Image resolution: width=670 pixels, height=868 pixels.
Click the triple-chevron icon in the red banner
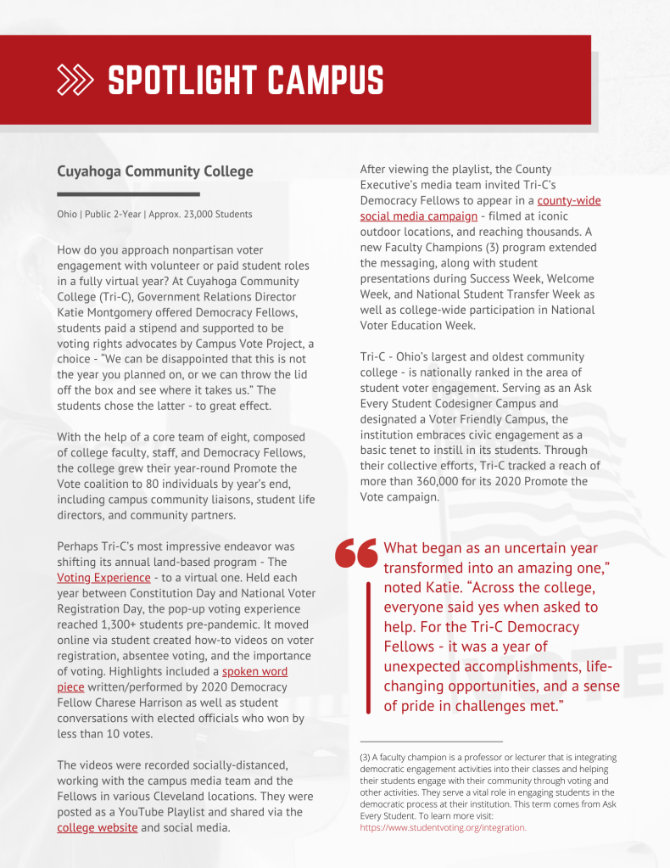pyautogui.click(x=77, y=81)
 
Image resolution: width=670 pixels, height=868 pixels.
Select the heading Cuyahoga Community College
pyautogui.click(x=155, y=171)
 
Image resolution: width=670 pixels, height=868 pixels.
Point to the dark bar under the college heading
pyautogui.click(x=116, y=194)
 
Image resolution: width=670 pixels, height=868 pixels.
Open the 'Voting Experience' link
pyautogui.click(x=103, y=578)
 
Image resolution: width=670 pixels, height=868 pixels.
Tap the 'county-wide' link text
pyautogui.click(x=568, y=201)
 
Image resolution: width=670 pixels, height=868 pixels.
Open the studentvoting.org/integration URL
pyautogui.click(x=443, y=827)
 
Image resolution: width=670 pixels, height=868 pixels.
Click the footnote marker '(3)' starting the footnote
pyautogui.click(x=366, y=757)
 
